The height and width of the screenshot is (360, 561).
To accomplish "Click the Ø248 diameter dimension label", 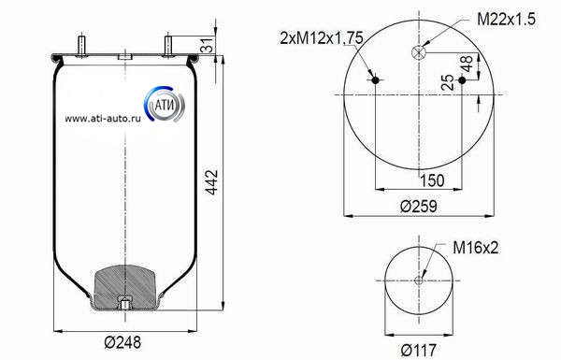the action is click(x=122, y=342).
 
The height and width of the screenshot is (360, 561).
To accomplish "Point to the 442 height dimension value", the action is click(x=212, y=182).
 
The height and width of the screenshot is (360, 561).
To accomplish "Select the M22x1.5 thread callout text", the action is click(x=506, y=19).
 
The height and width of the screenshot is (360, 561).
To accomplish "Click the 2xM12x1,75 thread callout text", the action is click(x=322, y=37).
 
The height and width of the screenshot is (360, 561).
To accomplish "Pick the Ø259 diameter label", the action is click(x=418, y=206).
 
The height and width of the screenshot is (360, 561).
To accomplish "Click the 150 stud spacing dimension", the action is click(x=432, y=180).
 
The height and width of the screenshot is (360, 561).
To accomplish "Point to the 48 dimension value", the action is click(x=467, y=64).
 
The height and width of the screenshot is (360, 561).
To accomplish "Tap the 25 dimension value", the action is click(x=447, y=82).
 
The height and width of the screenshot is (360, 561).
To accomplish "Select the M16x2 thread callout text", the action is click(x=476, y=247).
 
